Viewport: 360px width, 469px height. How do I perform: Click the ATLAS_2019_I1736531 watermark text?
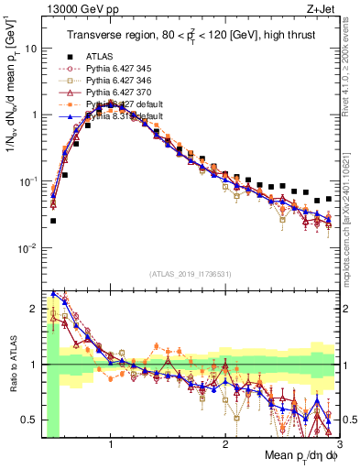(191, 273)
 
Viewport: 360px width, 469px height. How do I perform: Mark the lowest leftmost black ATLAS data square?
(53, 221)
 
